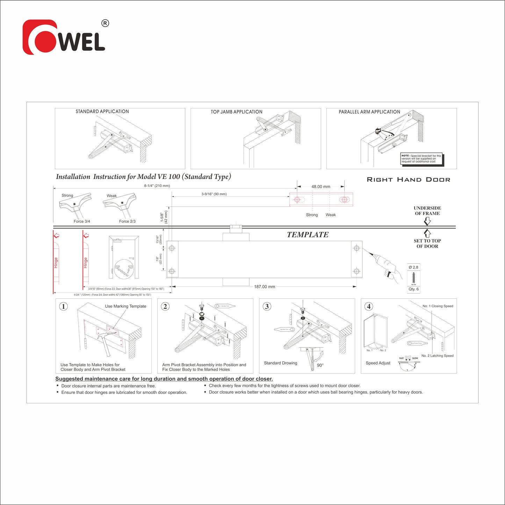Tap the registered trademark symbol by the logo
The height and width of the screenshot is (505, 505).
(105, 23)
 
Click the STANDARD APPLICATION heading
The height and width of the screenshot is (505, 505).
(102, 111)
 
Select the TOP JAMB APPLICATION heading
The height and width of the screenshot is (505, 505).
(236, 112)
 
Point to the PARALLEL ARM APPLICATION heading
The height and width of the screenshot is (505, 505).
(369, 112)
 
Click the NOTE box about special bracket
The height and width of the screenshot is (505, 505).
(421, 159)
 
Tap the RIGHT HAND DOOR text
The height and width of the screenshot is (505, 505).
(408, 180)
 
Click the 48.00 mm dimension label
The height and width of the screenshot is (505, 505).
(320, 187)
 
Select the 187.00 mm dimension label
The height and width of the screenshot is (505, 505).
(264, 287)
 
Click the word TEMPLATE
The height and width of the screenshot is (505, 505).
(308, 235)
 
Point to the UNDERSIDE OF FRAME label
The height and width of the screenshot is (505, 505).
(427, 211)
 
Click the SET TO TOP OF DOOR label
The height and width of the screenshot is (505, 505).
(427, 244)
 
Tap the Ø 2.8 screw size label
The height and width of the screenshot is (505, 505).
(413, 267)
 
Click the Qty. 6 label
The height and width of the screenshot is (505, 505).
(413, 289)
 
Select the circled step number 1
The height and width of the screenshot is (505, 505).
(63, 306)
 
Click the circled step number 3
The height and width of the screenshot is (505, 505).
(267, 306)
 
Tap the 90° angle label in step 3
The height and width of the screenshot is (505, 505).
(320, 365)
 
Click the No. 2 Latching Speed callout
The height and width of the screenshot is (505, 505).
(437, 356)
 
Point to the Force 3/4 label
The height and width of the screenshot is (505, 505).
(82, 221)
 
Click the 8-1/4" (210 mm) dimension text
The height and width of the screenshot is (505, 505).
(157, 186)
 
